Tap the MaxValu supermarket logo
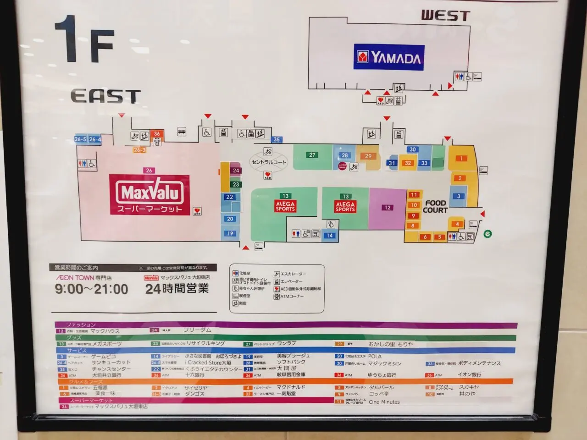click(x=150, y=195)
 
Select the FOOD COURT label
click(x=435, y=206)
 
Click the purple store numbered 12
click(x=388, y=208)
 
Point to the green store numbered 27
click(x=312, y=155)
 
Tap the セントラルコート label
click(x=268, y=162)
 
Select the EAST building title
click(x=105, y=96)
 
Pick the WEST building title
click(x=446, y=16)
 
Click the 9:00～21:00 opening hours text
click(x=91, y=289)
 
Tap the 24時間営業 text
click(x=177, y=289)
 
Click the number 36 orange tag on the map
click(x=157, y=134)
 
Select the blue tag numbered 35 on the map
click(x=277, y=140)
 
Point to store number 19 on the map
click(x=230, y=233)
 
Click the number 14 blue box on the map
click(x=330, y=236)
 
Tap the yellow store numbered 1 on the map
click(x=461, y=159)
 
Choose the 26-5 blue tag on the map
click(x=80, y=139)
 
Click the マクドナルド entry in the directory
click(x=290, y=387)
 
